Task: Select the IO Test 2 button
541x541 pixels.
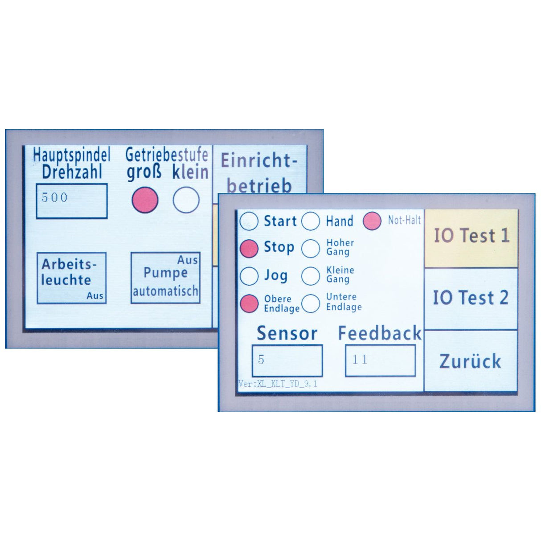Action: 471,299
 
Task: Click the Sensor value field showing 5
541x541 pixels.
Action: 287,361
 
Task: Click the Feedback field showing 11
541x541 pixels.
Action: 380,361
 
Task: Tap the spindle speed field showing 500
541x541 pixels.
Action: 72,201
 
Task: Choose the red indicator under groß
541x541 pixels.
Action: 145,200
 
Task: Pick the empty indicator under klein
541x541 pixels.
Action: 186,200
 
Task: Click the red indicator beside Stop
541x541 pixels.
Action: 249,249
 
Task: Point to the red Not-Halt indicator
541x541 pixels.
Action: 372,221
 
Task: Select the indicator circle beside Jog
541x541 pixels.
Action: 249,276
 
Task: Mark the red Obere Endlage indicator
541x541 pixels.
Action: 249,303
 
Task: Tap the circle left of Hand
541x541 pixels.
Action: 311,221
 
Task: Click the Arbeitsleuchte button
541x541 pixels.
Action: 72,278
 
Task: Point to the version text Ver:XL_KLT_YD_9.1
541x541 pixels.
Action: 278,384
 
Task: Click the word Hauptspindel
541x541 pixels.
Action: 72,155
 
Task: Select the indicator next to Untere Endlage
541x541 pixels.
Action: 311,303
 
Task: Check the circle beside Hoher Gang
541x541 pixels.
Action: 311,249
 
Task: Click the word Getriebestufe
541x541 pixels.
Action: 167,155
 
